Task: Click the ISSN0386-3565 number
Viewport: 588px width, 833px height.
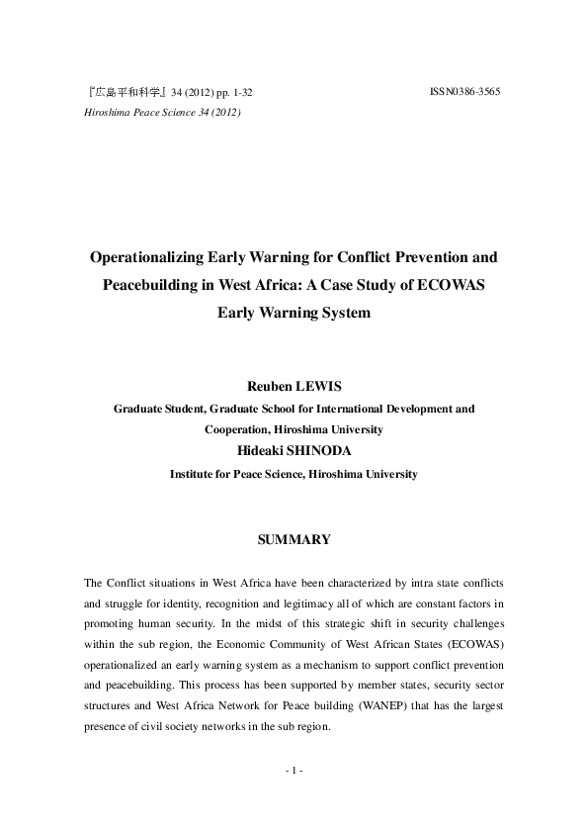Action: point(465,92)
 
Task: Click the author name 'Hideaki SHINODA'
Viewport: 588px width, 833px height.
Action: point(294,451)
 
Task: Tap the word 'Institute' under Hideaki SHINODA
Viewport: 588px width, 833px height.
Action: point(195,474)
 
